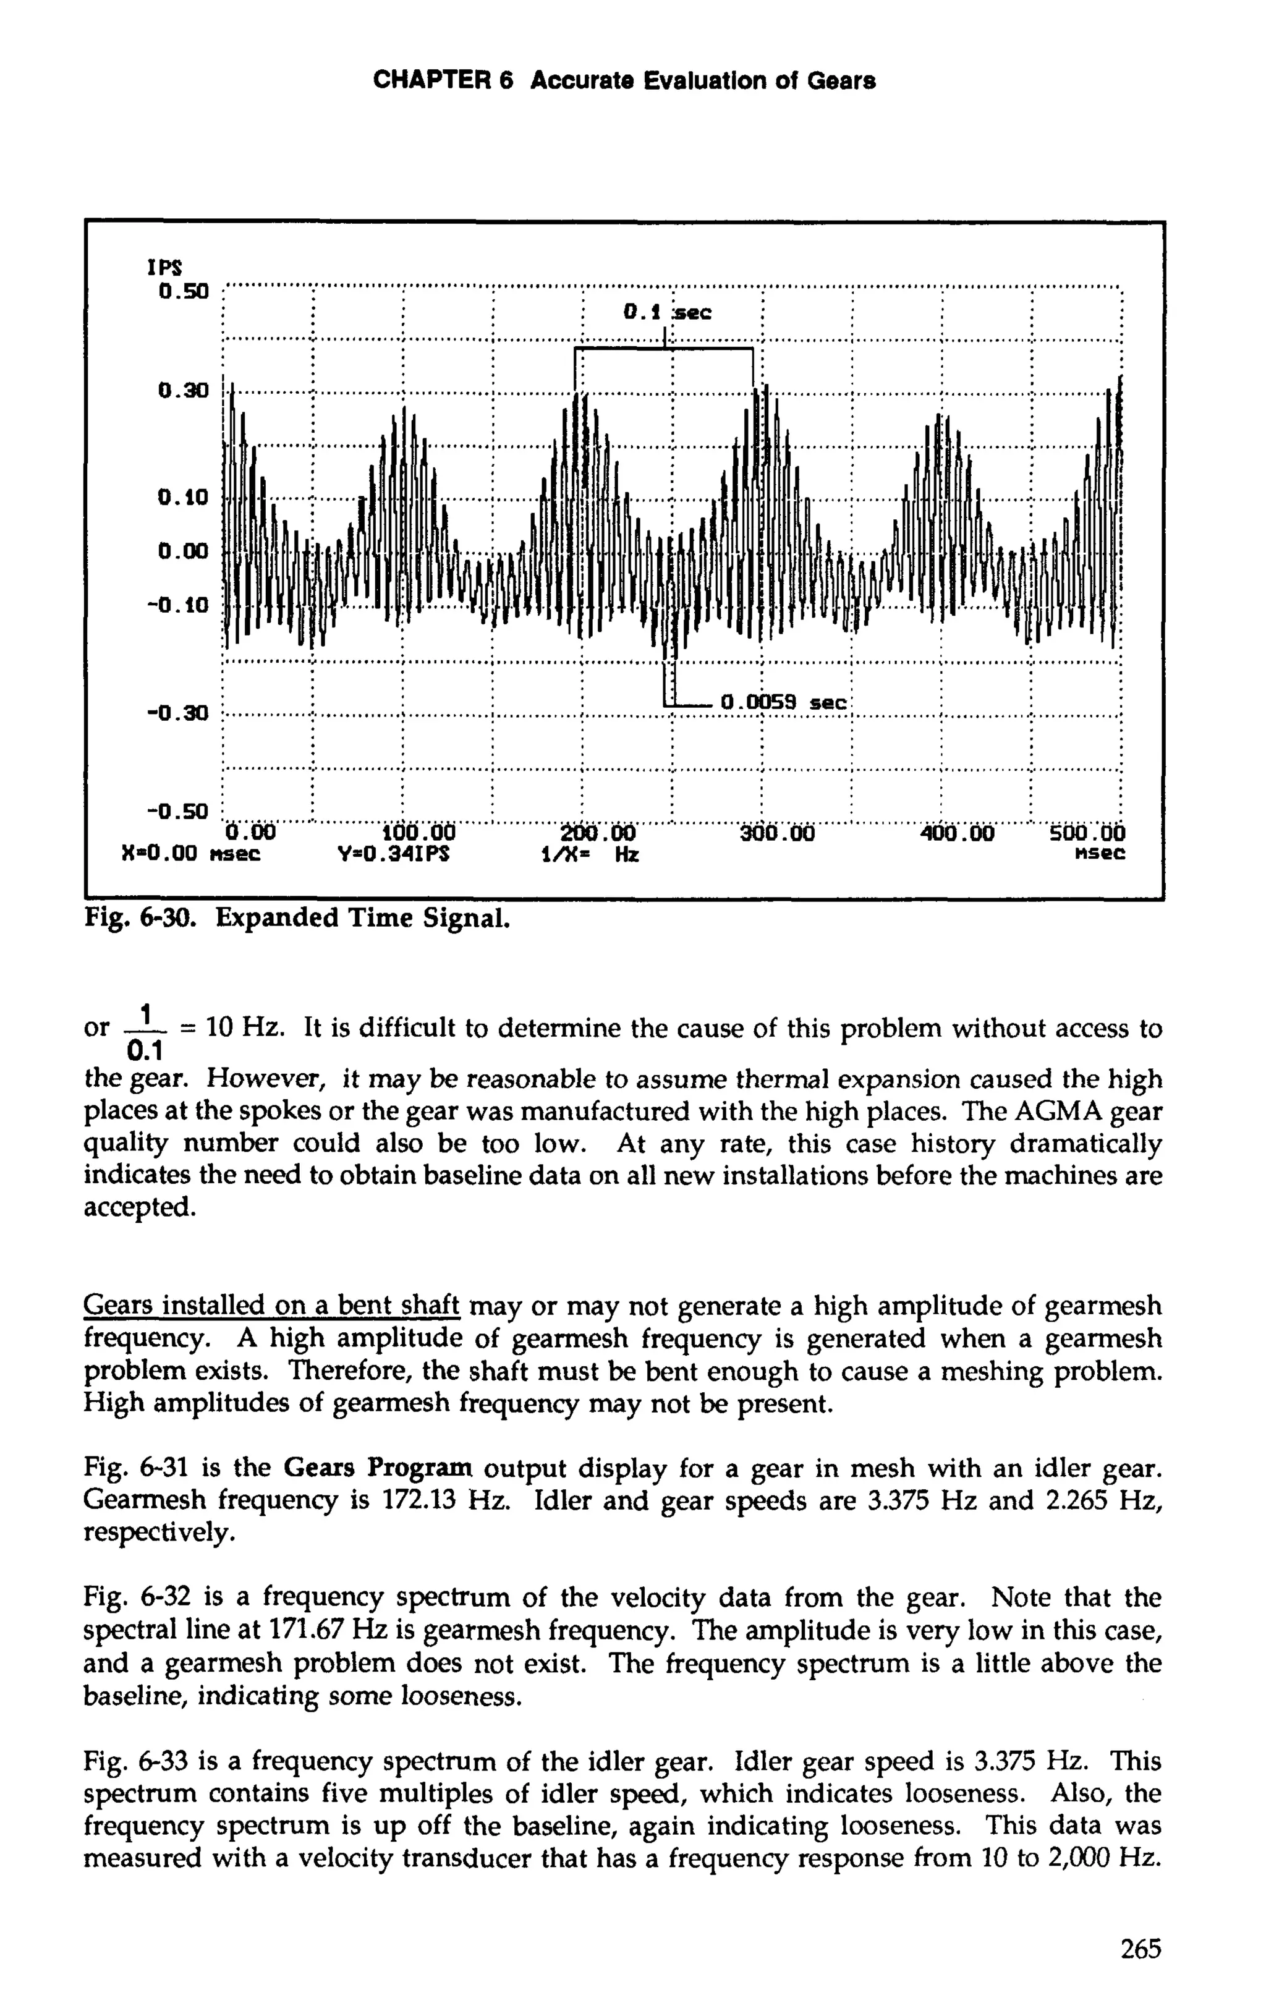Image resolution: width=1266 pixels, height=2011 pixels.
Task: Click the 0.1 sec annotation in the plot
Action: (x=667, y=313)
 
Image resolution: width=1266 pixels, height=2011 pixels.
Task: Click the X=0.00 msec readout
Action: (x=191, y=854)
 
